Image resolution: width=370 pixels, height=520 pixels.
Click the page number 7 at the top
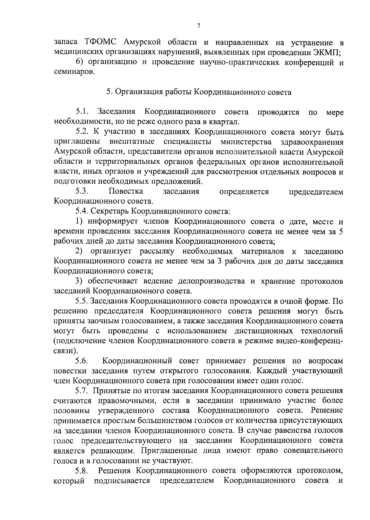(199, 26)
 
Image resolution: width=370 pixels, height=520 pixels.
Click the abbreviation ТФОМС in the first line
(101, 42)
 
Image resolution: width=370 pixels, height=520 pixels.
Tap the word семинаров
(73, 72)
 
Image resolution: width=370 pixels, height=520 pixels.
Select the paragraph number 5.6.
(82, 361)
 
